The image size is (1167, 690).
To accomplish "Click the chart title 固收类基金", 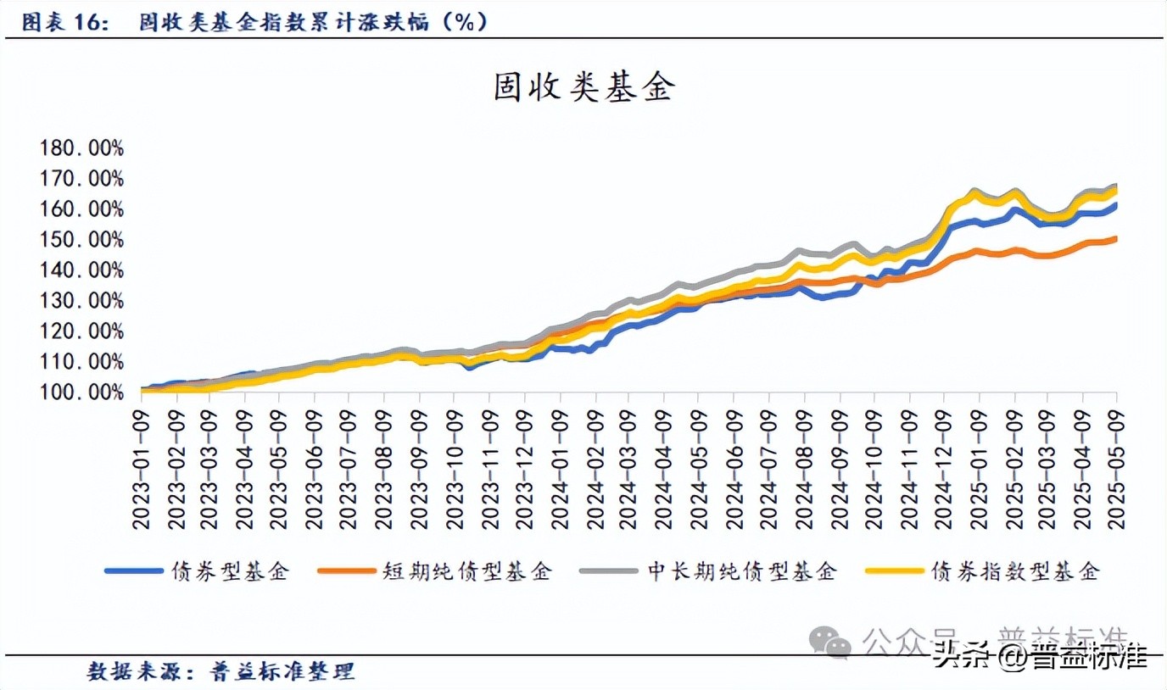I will (x=583, y=88).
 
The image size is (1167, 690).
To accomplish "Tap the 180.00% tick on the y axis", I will (x=81, y=148).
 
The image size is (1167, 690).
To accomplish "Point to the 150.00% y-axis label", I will (x=81, y=240).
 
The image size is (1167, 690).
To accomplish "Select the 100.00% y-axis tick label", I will (x=81, y=392).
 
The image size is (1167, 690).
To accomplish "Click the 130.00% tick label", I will (x=81, y=301).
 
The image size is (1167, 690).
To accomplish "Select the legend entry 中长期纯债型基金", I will (x=742, y=571).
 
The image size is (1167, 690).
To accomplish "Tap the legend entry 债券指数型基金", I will (x=1015, y=571).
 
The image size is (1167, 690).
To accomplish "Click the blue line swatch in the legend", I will (x=133, y=571).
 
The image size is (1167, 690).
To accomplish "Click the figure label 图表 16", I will (x=64, y=22).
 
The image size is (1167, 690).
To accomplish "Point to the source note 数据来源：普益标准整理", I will (x=221, y=672).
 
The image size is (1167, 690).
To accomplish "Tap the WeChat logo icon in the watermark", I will (x=829, y=641).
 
